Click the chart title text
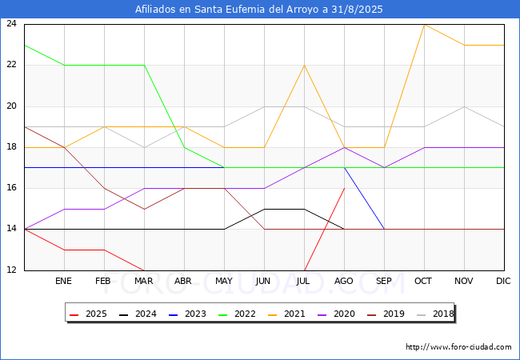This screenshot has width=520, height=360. (259, 10)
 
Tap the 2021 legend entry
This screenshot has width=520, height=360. (282, 314)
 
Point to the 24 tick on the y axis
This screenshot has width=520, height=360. (12, 24)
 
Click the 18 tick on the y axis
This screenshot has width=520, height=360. (12, 147)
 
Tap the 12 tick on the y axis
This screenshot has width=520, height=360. (12, 270)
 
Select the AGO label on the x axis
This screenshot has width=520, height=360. (344, 282)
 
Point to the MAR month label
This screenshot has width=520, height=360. (144, 282)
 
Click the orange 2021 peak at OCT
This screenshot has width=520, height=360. (424, 24)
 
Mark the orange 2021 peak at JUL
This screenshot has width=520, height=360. (304, 65)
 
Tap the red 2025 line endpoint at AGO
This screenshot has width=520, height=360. (344, 188)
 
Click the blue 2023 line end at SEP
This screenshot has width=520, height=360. (384, 229)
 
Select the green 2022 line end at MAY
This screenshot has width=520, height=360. (224, 167)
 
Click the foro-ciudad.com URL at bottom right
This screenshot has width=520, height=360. (458, 347)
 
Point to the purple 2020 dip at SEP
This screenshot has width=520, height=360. (384, 167)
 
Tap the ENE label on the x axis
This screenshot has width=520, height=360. (64, 282)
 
